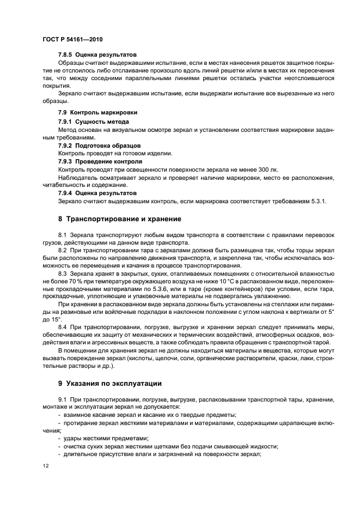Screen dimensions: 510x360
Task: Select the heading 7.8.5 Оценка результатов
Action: click(x=97, y=55)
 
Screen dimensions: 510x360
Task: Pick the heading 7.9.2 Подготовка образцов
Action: click(x=99, y=146)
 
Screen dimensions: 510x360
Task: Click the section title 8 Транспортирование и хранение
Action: click(x=120, y=219)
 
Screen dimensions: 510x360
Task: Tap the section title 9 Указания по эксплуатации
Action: click(x=115, y=383)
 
